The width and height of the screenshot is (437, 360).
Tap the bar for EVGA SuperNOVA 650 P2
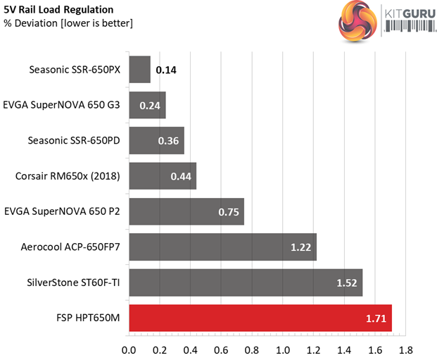pyautogui.click(x=186, y=211)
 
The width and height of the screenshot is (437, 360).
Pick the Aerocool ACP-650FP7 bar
pyautogui.click(x=223, y=247)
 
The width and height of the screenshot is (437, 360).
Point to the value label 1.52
pyautogui.click(x=347, y=284)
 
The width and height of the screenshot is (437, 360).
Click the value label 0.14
pyautogui.click(x=166, y=70)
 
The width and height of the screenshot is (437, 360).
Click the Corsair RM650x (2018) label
pyautogui.click(x=68, y=175)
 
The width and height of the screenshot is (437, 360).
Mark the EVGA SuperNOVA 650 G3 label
pyautogui.click(x=62, y=104)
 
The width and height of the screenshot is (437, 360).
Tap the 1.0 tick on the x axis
pyautogui.click(x=283, y=349)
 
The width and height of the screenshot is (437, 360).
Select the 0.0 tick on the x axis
pyautogui.click(x=129, y=349)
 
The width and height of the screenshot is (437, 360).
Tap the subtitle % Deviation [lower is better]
pyautogui.click(x=68, y=24)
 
